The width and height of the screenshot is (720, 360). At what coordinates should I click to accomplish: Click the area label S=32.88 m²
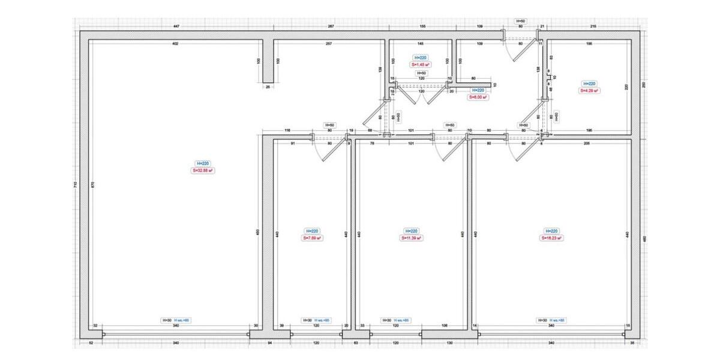[203, 170]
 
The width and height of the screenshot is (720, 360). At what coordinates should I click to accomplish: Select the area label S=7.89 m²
[312, 238]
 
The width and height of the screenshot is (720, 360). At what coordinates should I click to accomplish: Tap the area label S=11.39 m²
[412, 238]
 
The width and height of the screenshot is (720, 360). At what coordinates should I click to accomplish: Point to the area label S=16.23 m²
[551, 238]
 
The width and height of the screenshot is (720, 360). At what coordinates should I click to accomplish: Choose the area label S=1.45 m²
[420, 64]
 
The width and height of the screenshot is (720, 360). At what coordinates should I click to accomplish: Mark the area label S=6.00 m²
[478, 97]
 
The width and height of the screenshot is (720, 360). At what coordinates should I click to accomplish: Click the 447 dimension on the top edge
[176, 27]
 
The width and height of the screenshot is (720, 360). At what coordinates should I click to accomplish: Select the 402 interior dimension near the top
[175, 44]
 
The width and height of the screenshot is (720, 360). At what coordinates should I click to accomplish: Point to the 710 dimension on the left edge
[75, 185]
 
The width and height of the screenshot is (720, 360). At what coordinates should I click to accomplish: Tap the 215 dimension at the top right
[593, 27]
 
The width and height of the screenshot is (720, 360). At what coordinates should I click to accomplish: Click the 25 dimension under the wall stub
[268, 87]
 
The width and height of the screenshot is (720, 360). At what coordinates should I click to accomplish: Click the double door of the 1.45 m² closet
[421, 93]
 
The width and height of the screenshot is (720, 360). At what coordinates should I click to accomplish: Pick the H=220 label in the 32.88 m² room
[203, 163]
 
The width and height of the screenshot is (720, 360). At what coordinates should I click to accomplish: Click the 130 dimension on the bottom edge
[449, 343]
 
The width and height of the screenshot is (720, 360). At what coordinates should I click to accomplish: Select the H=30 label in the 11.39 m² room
[386, 320]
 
